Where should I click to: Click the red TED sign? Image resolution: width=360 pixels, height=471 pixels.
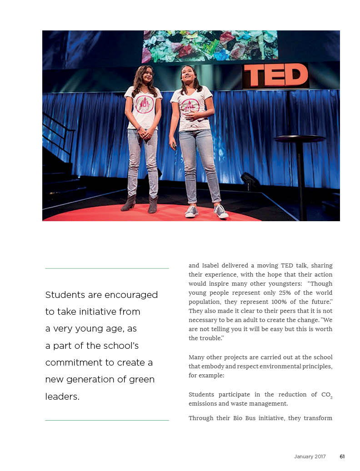point(276,75)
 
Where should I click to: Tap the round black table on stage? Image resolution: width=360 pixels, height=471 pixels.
point(300,139)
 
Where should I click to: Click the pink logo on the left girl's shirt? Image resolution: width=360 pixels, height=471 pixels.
point(145,104)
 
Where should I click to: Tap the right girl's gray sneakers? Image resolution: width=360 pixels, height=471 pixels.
point(206,211)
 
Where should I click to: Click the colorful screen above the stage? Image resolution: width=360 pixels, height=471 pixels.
point(210,46)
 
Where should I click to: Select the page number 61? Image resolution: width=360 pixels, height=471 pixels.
point(342,456)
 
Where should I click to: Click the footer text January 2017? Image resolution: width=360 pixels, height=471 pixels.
point(310,456)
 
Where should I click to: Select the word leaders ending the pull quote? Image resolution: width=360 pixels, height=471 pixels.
point(62,397)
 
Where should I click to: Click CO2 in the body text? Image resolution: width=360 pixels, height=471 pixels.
point(327,395)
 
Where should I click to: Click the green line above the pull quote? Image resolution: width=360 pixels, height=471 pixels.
point(107,268)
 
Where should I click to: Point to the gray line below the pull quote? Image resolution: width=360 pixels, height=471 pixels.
point(107,420)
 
